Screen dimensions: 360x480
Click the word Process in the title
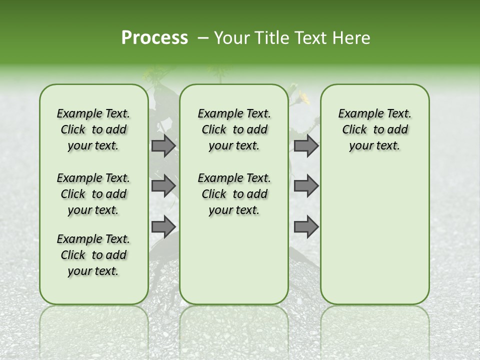point(154,38)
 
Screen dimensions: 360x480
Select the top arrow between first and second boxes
point(163,145)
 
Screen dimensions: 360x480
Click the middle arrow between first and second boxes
point(163,185)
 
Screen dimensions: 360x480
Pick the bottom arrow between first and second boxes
point(163,226)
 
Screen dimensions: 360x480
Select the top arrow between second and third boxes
point(306,145)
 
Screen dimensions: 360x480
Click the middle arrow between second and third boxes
point(306,185)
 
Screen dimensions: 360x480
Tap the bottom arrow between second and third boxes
point(306,226)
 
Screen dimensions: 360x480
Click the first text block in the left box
point(93,129)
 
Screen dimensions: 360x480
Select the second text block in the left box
point(93,194)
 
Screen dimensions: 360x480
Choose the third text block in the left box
point(93,255)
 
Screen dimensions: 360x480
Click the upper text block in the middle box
point(234,129)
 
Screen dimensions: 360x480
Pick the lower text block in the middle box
point(234,194)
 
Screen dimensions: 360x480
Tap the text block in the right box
point(374,129)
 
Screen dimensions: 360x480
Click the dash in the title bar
point(202,38)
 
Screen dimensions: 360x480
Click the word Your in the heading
point(230,38)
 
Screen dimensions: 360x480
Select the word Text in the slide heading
point(306,38)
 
